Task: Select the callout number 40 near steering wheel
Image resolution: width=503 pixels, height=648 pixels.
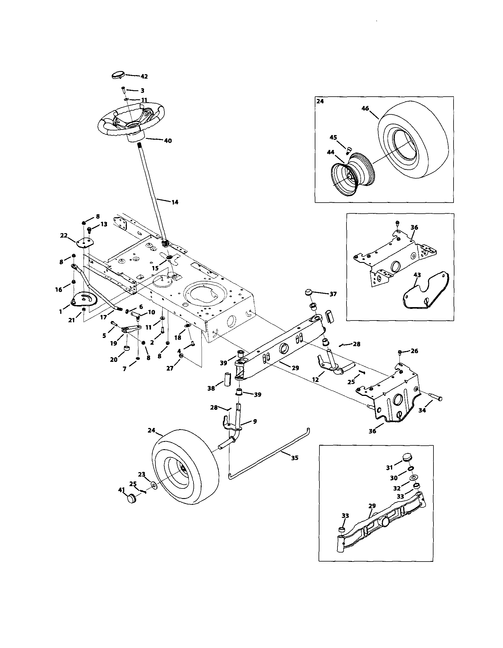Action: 168,141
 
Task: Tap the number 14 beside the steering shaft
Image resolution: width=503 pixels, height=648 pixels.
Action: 175,202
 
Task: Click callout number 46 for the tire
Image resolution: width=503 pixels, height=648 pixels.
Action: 365,109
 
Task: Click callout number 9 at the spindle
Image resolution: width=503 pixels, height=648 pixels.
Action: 255,421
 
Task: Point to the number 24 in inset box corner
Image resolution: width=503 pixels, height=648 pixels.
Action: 320,101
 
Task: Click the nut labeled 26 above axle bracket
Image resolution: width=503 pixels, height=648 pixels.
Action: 400,352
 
